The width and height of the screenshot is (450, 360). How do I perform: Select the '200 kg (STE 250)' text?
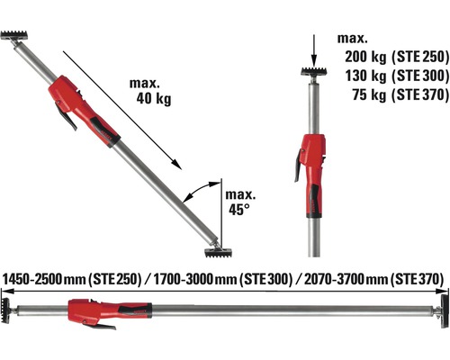coord(394,57)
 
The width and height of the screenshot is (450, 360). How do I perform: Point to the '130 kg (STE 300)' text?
coord(394,74)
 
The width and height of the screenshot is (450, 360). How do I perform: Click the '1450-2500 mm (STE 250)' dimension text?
coord(73,280)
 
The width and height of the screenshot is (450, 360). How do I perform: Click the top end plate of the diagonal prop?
coord(16,38)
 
